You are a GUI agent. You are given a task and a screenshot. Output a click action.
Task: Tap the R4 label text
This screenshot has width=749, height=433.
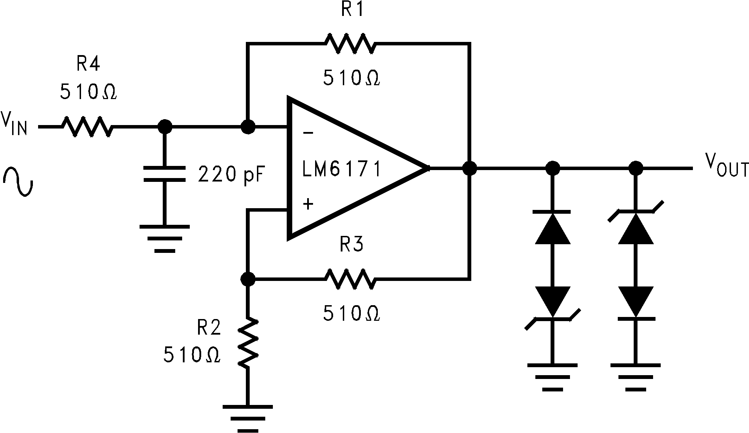coord(88,64)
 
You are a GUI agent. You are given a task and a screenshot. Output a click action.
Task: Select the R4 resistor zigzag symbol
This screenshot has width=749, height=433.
coord(87,127)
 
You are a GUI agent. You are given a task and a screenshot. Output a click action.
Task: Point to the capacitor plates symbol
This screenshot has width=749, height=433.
coord(164,174)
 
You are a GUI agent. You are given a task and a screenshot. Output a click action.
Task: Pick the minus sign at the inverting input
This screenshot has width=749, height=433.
coord(308,133)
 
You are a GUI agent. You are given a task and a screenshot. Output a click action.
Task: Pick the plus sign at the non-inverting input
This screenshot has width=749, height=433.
coord(308,204)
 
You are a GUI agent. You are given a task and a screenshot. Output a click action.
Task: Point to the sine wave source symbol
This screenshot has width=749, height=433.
coord(18,182)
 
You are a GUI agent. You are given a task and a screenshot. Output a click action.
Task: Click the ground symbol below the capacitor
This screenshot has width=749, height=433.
coord(164,239)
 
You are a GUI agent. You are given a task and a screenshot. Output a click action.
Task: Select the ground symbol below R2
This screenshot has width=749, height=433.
coord(248,417)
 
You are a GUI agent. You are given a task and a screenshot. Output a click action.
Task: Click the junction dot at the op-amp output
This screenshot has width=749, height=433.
coord(470,169)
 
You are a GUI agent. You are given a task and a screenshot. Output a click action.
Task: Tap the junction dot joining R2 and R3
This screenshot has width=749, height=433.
coord(248,279)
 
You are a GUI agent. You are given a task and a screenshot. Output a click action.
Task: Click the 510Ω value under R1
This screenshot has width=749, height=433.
coord(351,78)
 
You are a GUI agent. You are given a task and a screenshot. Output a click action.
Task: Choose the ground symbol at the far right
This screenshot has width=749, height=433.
coord(635,377)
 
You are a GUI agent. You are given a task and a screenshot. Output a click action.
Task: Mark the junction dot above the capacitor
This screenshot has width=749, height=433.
coord(164,127)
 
